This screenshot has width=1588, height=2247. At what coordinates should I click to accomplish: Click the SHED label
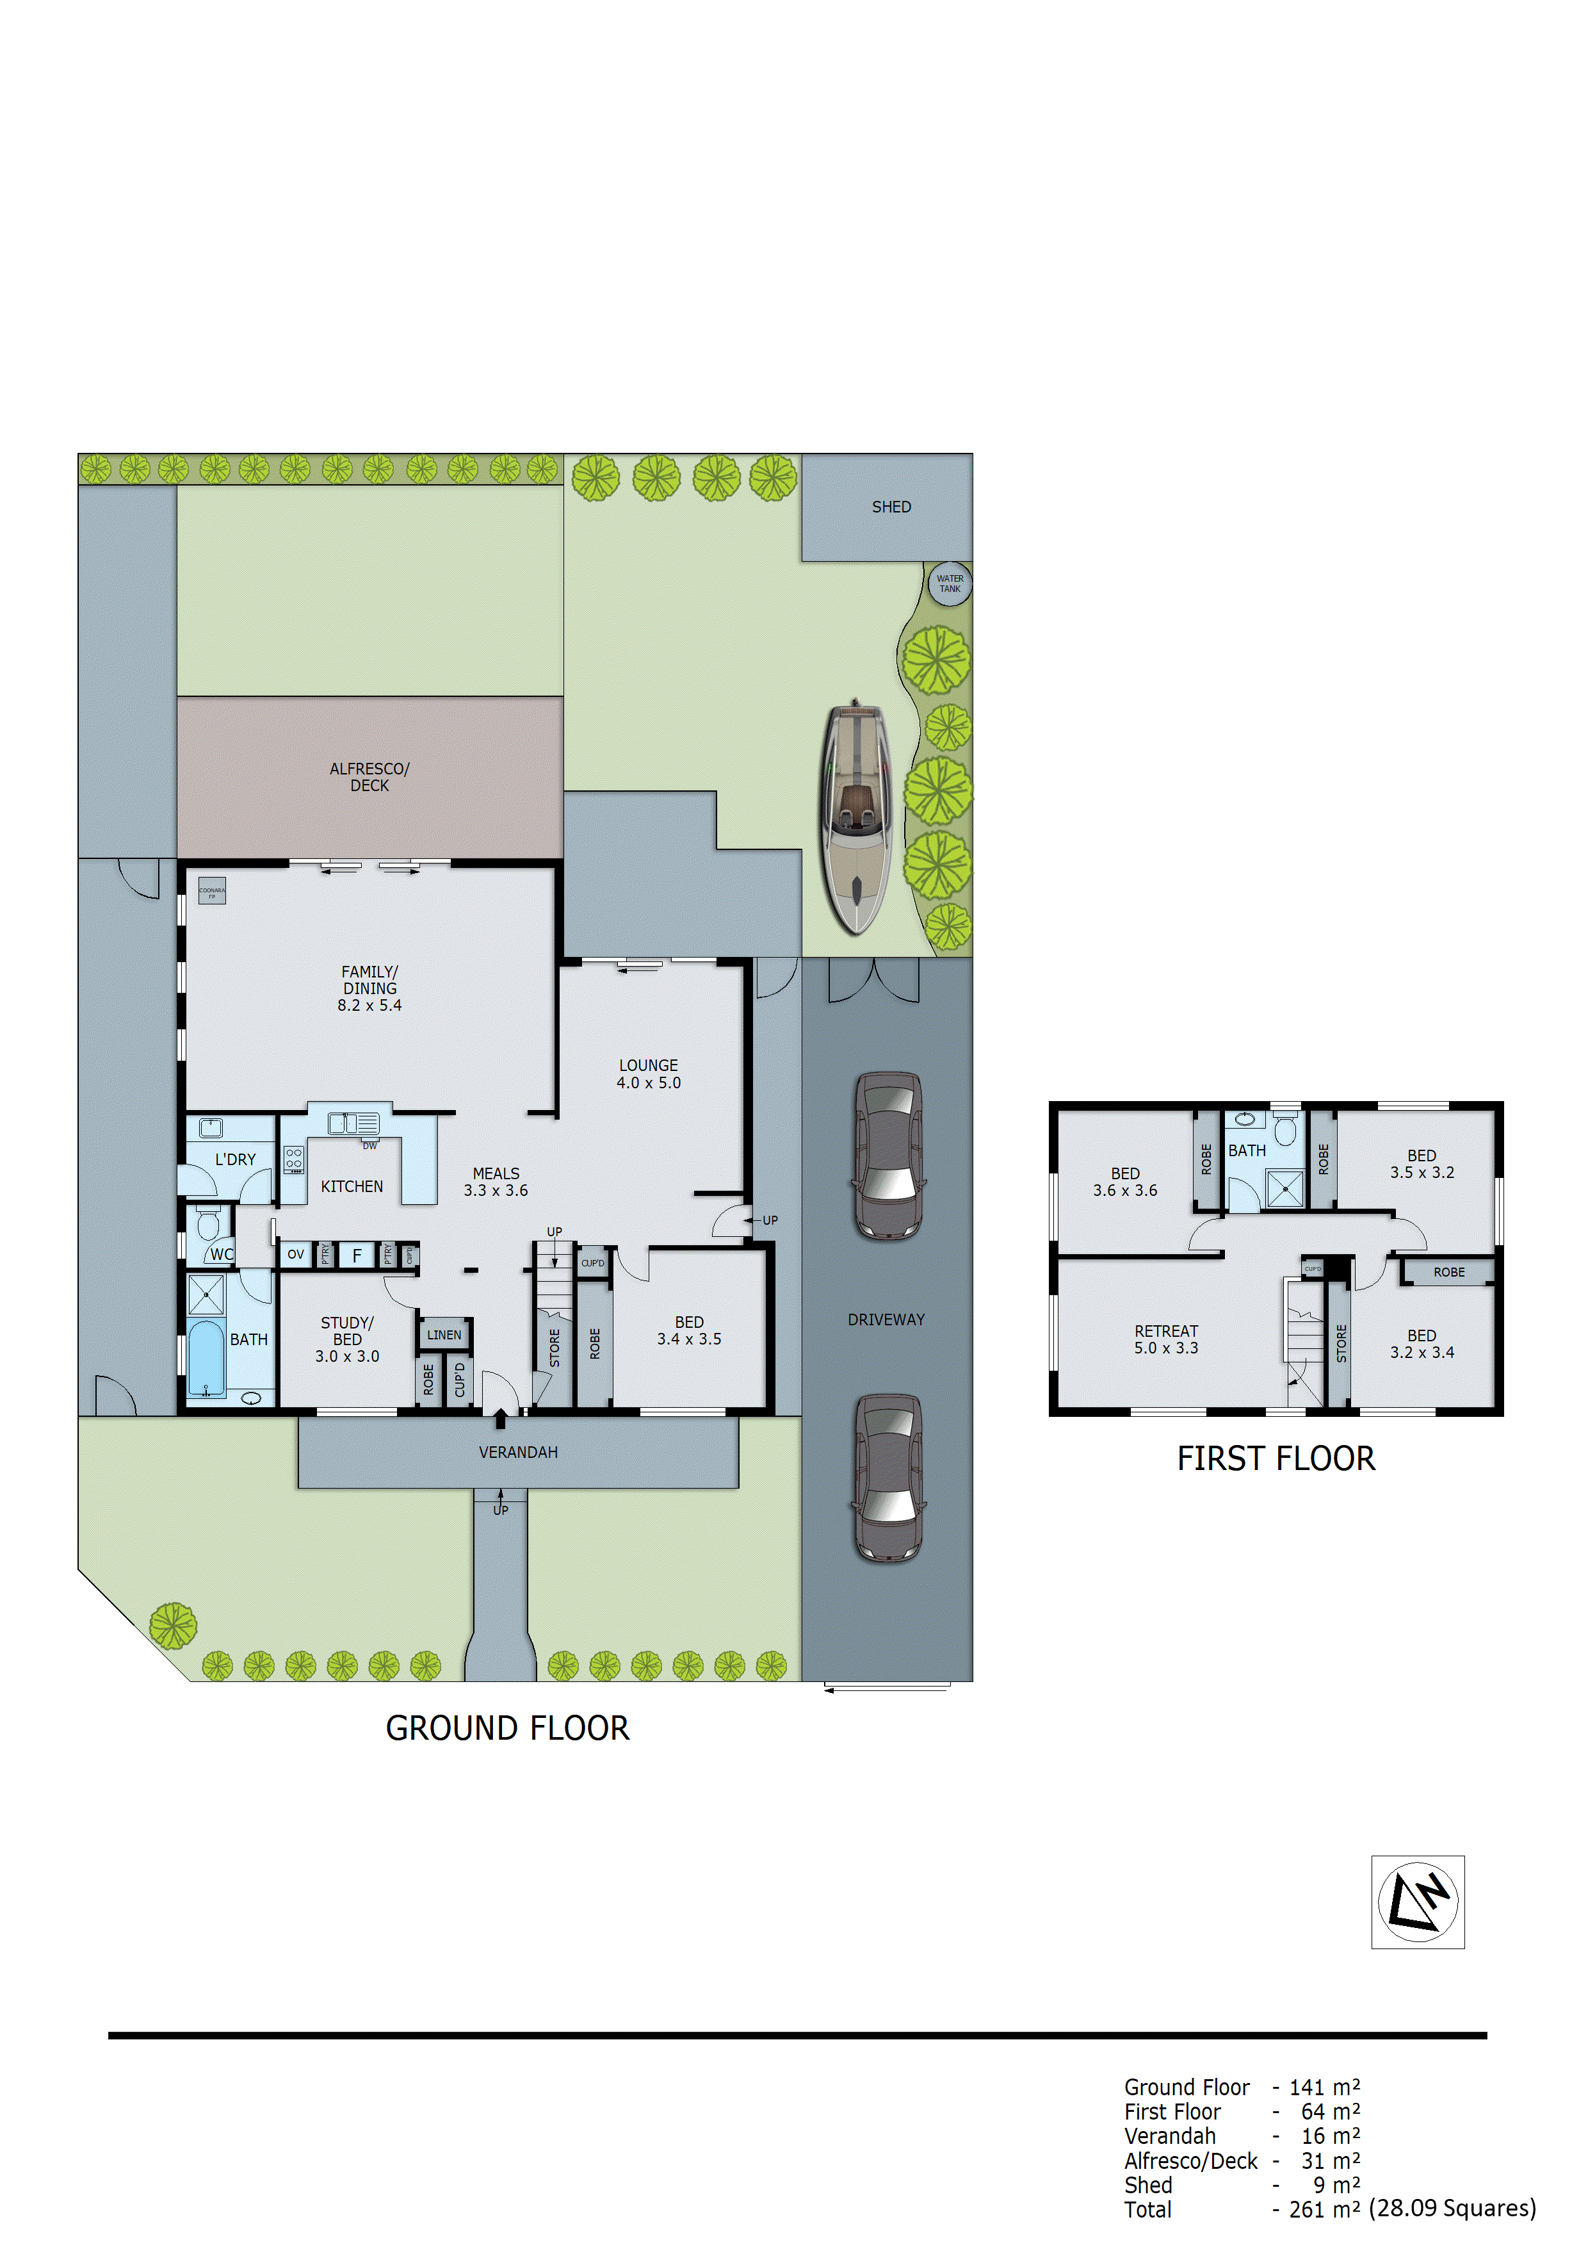click(891, 507)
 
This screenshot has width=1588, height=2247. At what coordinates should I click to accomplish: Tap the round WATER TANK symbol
click(949, 584)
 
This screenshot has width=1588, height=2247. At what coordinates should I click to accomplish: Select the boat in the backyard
click(856, 817)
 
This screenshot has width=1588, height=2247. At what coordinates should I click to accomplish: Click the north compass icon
click(1417, 1902)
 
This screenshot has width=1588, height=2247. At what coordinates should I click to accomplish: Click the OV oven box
click(295, 1255)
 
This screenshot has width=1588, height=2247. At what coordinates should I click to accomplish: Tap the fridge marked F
click(357, 1255)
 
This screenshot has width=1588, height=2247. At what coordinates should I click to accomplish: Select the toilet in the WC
click(207, 1223)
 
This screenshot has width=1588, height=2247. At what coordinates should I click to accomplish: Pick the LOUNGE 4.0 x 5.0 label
click(648, 1074)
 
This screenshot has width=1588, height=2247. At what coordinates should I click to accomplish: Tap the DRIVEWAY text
click(886, 1320)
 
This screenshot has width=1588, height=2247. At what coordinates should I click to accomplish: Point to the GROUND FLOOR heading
click(507, 1728)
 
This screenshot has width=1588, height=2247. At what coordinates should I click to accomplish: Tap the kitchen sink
click(353, 1123)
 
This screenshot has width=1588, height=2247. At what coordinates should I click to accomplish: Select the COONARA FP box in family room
click(211, 890)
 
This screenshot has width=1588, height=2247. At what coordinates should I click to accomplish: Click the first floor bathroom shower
click(1284, 1189)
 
